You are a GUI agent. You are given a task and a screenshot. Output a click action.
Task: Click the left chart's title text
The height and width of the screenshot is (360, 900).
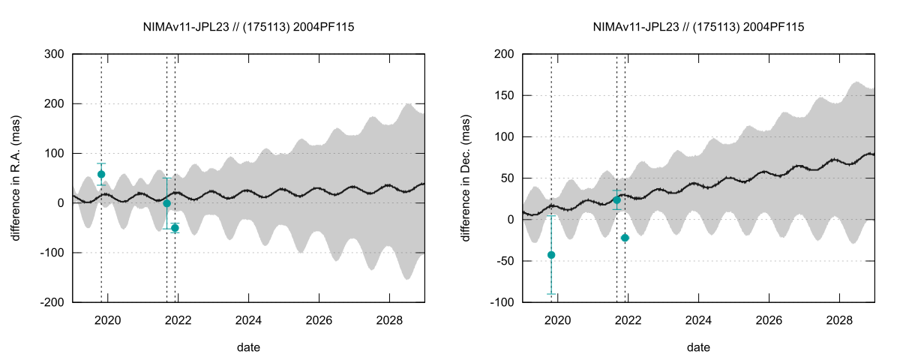pos(248,27)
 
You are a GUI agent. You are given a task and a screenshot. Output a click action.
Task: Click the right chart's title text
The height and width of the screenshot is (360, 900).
pos(698,27)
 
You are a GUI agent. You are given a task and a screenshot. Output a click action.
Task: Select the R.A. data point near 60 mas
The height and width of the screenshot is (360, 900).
pos(101,174)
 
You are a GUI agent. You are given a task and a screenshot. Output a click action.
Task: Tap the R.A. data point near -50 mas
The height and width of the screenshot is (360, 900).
pos(175,228)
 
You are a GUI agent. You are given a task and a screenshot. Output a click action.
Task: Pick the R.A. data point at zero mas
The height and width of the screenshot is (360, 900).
pos(166,203)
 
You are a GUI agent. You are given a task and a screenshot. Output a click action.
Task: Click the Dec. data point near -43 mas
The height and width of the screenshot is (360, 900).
pos(551,255)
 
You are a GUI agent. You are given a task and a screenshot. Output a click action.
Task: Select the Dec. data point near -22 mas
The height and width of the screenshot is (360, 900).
pos(625,238)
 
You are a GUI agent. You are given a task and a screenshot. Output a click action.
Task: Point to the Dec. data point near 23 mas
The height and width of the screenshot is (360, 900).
pos(616,200)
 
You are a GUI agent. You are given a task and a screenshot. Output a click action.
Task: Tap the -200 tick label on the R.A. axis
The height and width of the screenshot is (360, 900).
pos(52,302)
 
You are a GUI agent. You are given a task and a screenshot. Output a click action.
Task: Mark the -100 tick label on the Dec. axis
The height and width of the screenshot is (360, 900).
pos(502,302)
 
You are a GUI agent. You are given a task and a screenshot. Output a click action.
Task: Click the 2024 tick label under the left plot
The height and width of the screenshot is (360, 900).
pos(248,319)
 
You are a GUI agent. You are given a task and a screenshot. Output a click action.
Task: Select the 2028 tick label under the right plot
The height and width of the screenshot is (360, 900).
pos(838,319)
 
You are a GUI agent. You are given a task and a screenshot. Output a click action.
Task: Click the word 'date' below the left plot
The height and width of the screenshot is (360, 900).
pos(248,347)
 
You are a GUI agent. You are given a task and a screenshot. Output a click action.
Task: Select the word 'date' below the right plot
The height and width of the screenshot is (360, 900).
pos(698,347)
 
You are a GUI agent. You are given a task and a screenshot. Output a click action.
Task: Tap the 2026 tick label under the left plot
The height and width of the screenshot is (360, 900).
pos(319,319)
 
